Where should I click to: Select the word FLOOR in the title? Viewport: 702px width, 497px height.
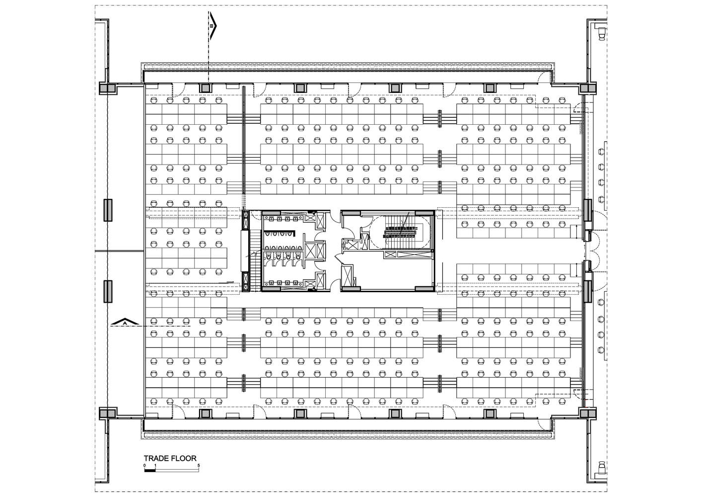tap(185, 458)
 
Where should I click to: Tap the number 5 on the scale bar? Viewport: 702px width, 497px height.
tap(199, 465)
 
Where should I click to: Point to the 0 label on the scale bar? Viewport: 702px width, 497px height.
tap(144, 465)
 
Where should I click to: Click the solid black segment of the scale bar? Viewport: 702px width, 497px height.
tap(150, 470)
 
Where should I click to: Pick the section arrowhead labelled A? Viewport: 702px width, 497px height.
tap(125, 322)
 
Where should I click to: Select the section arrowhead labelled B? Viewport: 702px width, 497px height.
tap(213, 26)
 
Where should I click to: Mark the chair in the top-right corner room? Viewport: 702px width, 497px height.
tap(602, 34)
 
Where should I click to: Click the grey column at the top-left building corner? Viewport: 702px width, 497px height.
tap(108, 88)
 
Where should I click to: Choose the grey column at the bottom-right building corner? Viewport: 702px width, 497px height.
tap(588, 413)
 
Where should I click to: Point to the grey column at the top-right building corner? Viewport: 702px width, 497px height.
tap(588, 88)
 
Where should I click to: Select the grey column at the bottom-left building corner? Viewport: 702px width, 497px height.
tap(108, 413)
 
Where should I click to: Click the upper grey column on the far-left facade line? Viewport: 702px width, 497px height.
tap(108, 210)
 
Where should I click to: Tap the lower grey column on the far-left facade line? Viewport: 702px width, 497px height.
tap(108, 291)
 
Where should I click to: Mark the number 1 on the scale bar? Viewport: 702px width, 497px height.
tap(155, 465)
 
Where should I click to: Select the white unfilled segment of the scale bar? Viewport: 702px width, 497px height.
tap(177, 470)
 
